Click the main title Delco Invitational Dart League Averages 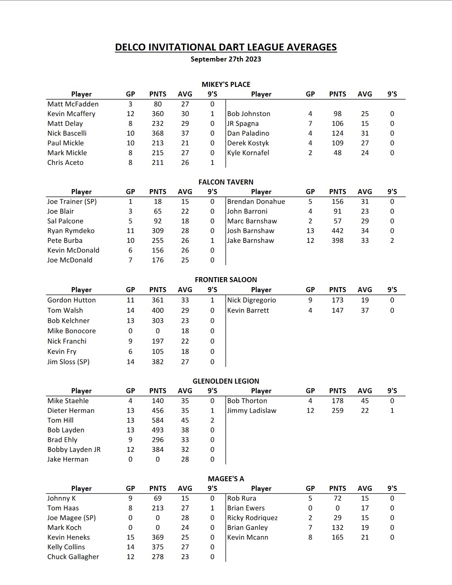tap(226, 47)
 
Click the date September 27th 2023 tap(226, 59)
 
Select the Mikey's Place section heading tap(226, 84)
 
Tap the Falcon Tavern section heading tap(226, 182)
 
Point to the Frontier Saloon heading tap(226, 279)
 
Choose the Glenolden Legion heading tap(226, 381)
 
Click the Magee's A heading tap(226, 479)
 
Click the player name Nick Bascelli tap(67, 133)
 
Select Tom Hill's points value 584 tap(158, 420)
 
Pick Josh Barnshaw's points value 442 tap(337, 231)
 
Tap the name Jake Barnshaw tap(251, 241)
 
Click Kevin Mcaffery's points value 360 tap(158, 114)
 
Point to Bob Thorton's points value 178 tap(337, 401)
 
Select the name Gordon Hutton tap(71, 300)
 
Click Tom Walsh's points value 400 tap(158, 310)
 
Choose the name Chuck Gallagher tap(73, 557)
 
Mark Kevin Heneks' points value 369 tap(158, 537)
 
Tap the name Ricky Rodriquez tap(252, 518)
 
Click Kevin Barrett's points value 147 tap(337, 310)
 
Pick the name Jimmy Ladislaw tap(252, 410)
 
